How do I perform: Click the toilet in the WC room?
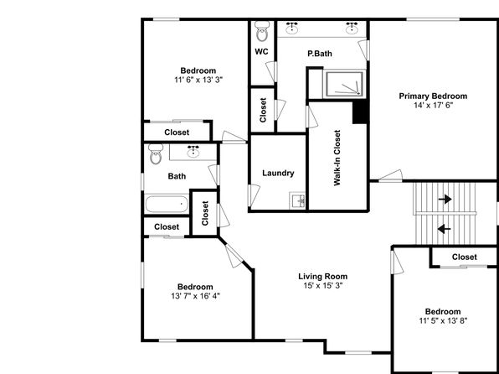click(x=263, y=31)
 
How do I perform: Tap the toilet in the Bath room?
click(x=156, y=153)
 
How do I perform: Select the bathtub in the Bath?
click(x=167, y=204)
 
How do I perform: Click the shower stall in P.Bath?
click(x=344, y=84)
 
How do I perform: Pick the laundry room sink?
click(x=297, y=200)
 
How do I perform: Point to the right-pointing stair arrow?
click(x=445, y=200)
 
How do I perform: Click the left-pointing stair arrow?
click(x=445, y=229)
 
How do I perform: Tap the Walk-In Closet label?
click(x=337, y=158)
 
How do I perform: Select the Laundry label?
click(x=278, y=173)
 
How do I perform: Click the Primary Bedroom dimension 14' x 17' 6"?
click(x=433, y=105)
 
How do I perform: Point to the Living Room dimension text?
click(x=322, y=285)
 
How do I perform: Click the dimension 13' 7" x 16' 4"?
click(x=195, y=296)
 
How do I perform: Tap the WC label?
click(x=261, y=52)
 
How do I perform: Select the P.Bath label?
click(x=320, y=54)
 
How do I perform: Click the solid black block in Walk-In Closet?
click(x=360, y=112)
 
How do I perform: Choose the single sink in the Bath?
click(x=193, y=152)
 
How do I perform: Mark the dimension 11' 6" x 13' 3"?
click(x=198, y=80)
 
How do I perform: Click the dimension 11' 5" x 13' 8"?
click(x=443, y=320)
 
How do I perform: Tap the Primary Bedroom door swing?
click(x=391, y=176)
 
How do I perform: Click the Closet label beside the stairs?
click(x=465, y=257)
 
